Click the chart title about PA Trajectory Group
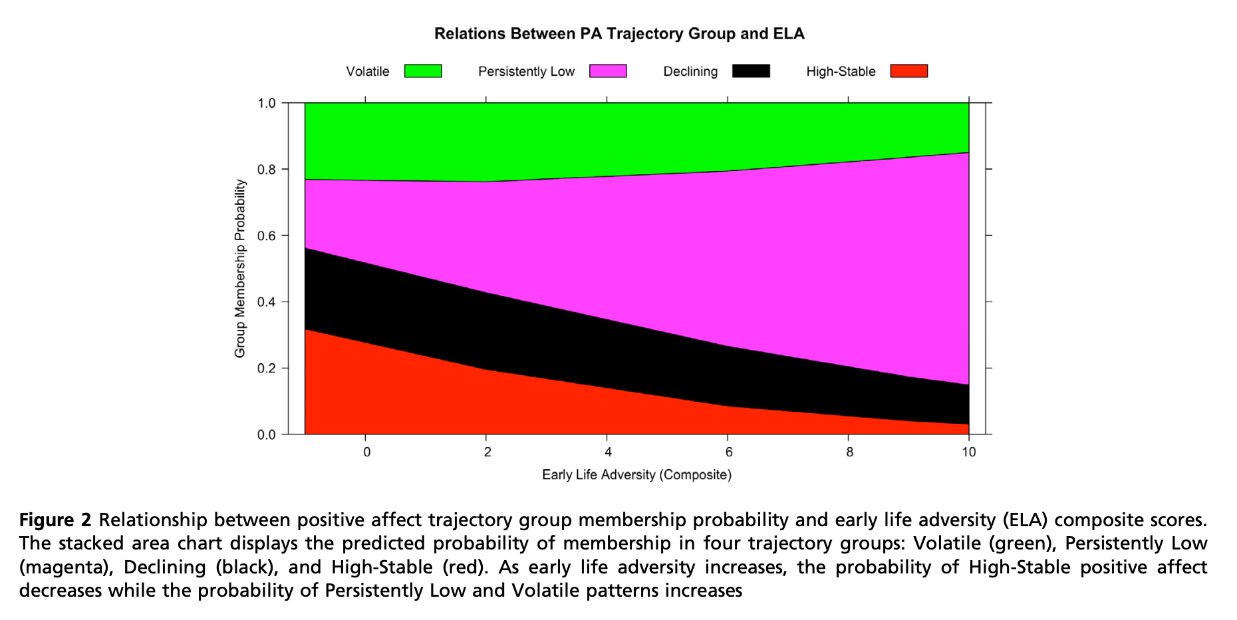click(619, 34)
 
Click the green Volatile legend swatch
click(423, 71)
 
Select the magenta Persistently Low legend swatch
click(608, 71)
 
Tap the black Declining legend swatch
click(751, 71)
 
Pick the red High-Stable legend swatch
click(909, 71)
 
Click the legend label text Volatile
click(367, 72)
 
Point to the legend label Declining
click(690, 72)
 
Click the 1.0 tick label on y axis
click(267, 103)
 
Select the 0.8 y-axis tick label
click(267, 170)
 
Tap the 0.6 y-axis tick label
click(267, 235)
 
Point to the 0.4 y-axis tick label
click(267, 302)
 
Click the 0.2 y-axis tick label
click(267, 369)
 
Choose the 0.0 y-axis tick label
click(267, 435)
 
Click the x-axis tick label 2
click(487, 453)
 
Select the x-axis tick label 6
click(728, 453)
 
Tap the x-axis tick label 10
click(969, 453)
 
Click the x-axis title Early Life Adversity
click(636, 475)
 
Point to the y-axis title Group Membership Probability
click(240, 269)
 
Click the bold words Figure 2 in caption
click(55, 520)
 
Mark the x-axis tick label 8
click(849, 453)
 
